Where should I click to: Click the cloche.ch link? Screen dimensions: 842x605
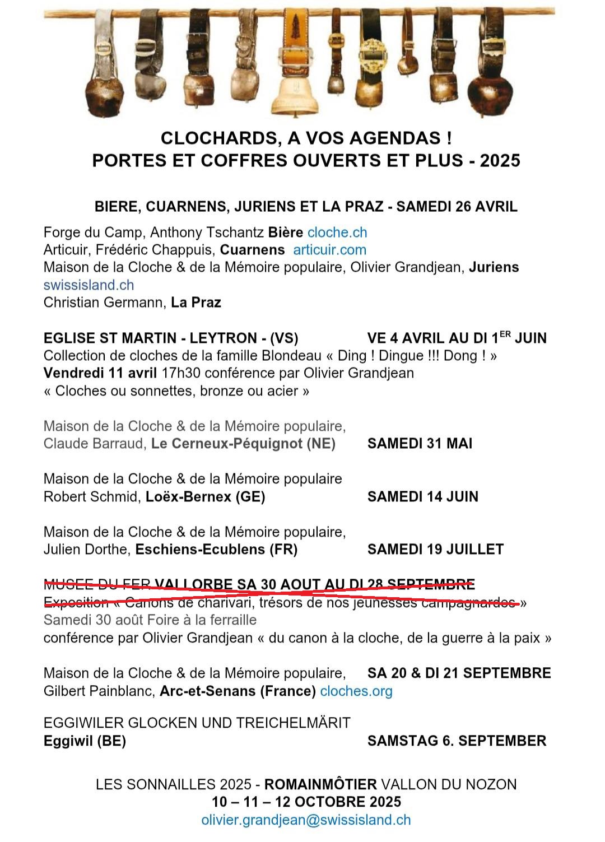337,232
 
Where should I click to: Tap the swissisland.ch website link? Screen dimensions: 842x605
89,285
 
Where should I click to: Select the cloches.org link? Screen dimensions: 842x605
356,691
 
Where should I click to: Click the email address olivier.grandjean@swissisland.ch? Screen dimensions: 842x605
306,820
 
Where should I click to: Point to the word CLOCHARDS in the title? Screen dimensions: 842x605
211,138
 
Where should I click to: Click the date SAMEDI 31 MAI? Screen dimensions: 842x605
420,444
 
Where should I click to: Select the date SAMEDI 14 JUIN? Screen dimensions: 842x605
422,496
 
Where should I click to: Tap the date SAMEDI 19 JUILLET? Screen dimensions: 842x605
435,549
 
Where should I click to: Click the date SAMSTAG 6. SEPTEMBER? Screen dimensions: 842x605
457,741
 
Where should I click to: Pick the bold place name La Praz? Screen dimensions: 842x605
196,303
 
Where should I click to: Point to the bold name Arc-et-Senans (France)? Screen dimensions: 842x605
238,691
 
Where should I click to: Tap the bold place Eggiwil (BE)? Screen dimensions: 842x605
85,741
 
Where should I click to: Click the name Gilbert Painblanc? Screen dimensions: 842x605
99,691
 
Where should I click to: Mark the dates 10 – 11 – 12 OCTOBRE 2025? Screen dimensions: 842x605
306,802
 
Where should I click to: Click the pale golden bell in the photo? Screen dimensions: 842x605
294,92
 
